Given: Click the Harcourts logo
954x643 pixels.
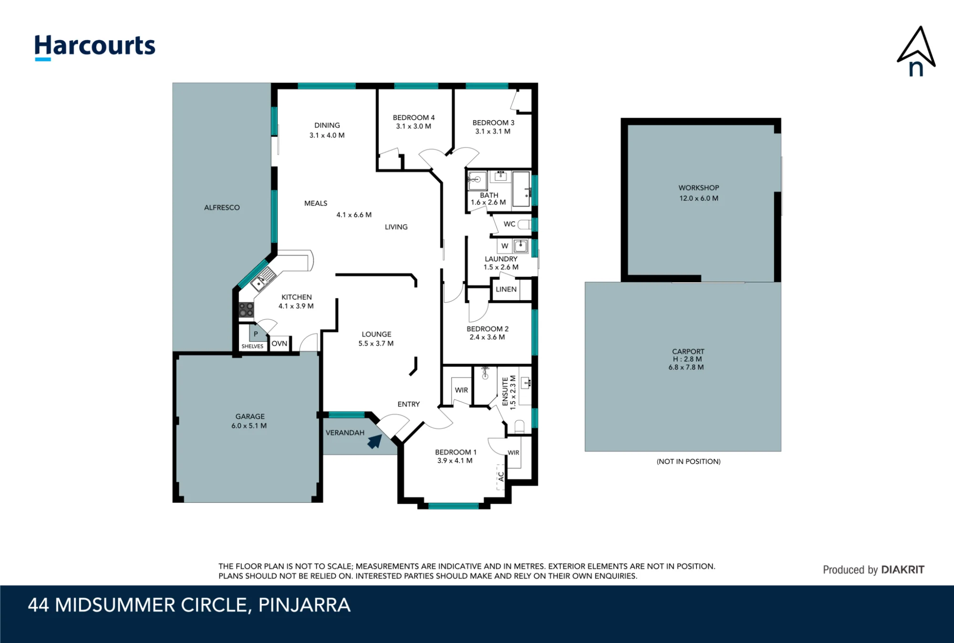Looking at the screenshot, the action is pos(95,47).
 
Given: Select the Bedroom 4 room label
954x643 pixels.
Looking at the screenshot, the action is pos(414,117).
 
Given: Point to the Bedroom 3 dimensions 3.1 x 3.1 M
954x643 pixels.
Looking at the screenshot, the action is pos(493,132).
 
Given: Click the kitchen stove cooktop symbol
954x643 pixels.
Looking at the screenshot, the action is pos(246,310).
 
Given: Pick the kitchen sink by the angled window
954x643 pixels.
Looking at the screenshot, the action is pos(263,279).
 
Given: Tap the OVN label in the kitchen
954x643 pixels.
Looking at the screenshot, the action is pos(280,343).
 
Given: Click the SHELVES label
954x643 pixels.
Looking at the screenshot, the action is pos(252,346).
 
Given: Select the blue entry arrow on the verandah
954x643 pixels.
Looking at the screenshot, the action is pos(375,441).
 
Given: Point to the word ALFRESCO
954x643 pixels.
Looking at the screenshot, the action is pos(222,207).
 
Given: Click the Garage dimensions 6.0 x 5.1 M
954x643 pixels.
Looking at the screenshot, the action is pos(249,426).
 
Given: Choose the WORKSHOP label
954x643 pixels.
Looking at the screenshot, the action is pos(699,188).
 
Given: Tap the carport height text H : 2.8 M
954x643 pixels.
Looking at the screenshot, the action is pos(687,359).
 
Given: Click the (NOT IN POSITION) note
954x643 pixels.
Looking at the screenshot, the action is pos(688,461).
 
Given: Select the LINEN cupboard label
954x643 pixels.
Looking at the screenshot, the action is pos(506,289).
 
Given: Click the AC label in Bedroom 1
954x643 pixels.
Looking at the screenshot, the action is pos(501,477).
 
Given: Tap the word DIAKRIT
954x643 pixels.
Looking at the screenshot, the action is pos(902,570).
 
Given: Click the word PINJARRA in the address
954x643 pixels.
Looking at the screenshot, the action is pos(304,605).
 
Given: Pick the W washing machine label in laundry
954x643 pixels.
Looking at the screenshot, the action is pos(505,246).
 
